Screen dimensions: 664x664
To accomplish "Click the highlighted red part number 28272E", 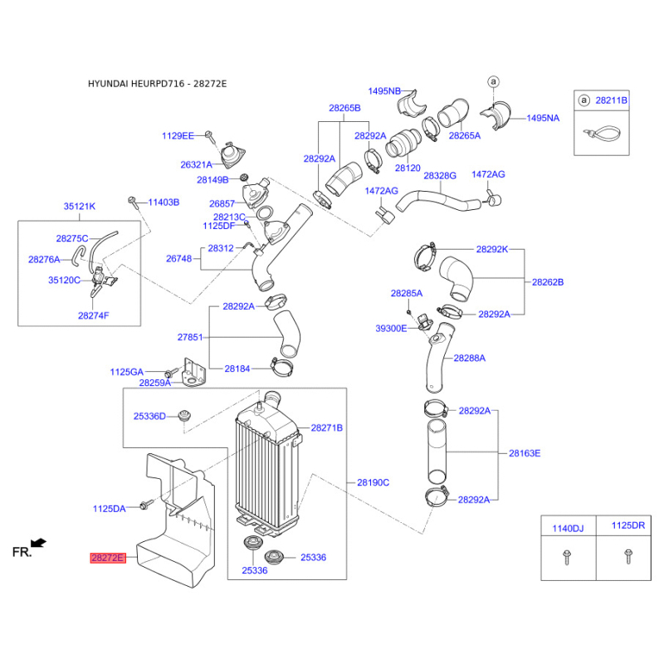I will [107, 559].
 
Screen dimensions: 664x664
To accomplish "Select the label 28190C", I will [373, 482].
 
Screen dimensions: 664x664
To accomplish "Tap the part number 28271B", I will [326, 427].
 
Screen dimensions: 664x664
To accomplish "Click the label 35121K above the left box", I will [80, 206].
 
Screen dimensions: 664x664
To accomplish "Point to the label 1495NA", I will [543, 118].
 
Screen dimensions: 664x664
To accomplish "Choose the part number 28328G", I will [440, 176].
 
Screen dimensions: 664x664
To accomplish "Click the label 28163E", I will [525, 453].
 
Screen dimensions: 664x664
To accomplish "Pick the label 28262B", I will [548, 282].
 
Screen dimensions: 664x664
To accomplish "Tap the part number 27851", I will [190, 338].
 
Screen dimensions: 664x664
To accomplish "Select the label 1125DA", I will [109, 508].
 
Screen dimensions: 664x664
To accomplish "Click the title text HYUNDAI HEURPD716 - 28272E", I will [157, 84].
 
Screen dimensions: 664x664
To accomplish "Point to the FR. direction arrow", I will [39, 543].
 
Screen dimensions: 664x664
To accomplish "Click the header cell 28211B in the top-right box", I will [613, 100].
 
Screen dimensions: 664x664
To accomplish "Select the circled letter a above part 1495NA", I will [492, 81].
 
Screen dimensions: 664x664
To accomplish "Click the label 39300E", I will [391, 329].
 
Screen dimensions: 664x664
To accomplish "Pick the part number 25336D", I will [150, 416].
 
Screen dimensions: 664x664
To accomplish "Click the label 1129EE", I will [178, 134].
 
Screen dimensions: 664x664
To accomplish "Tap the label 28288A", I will [469, 358].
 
